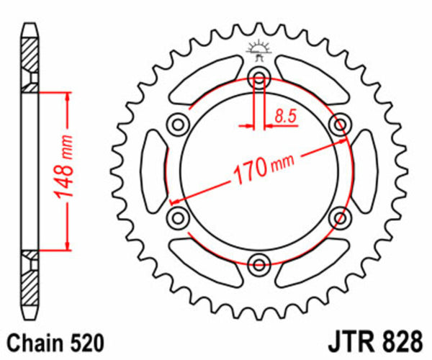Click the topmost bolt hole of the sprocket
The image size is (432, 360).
(x=257, y=78)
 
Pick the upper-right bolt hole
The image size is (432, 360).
(x=337, y=125)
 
